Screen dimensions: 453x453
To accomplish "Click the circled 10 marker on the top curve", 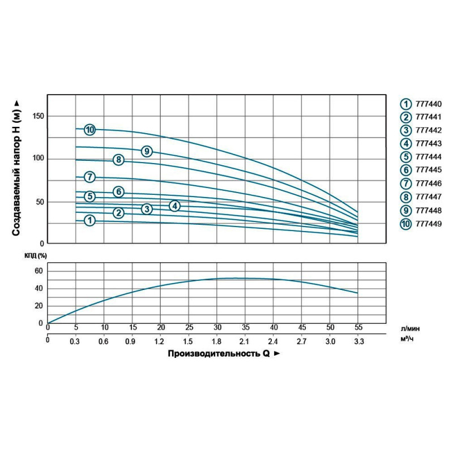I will (x=89, y=130).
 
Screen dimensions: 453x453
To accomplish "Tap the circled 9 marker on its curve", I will (x=147, y=151).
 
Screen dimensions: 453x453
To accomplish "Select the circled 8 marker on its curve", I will (x=118, y=160).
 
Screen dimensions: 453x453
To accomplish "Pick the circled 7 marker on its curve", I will (x=89, y=177).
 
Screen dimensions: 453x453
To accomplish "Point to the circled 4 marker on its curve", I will (x=175, y=206).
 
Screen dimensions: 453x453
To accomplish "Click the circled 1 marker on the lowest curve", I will (x=89, y=221).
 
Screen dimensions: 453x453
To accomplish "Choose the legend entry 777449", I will (x=421, y=224).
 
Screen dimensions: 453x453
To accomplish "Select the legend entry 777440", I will (x=421, y=104).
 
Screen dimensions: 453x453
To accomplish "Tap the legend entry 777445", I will (x=421, y=170).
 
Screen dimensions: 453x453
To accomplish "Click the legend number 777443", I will (x=421, y=144).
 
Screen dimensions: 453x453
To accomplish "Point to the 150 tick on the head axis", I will (x=39, y=116).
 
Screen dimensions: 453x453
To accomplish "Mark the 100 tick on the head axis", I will (x=39, y=159).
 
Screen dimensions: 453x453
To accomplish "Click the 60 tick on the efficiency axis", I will (x=39, y=271).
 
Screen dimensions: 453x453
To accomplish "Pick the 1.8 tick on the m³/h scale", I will (x=217, y=341).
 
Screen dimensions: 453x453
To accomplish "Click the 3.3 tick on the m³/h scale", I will (x=358, y=341).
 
